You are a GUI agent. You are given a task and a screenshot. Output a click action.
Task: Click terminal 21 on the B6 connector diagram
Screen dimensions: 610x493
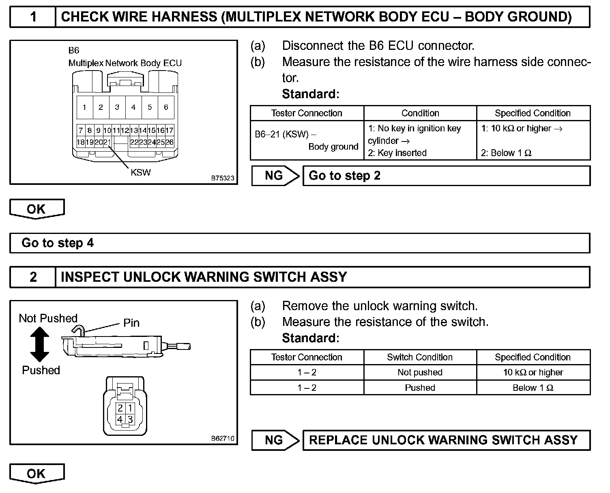click(x=107, y=142)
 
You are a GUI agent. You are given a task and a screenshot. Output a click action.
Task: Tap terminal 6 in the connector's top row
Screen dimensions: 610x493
click(x=166, y=107)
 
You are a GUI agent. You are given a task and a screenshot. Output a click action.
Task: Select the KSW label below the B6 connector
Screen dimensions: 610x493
click(x=140, y=172)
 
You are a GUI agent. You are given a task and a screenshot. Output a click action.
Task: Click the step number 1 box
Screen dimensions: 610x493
click(x=33, y=17)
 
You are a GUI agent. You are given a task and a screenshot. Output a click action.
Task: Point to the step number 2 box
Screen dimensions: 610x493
click(x=33, y=277)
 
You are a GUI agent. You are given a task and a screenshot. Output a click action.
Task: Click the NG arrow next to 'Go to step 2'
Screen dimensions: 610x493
click(x=275, y=176)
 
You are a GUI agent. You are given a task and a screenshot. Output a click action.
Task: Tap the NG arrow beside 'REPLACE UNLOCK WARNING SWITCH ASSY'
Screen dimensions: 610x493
click(x=275, y=440)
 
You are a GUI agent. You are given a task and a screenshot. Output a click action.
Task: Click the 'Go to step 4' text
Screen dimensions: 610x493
click(x=58, y=243)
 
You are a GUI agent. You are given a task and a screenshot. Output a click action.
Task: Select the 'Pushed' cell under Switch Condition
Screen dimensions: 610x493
click(x=420, y=388)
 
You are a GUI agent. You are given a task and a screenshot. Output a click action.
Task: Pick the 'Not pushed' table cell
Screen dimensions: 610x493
click(x=420, y=372)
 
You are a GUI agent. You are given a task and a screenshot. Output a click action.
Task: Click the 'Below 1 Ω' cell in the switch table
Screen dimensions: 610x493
click(x=533, y=388)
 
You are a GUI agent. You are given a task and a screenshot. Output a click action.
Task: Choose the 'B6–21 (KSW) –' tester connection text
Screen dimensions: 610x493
click(x=286, y=134)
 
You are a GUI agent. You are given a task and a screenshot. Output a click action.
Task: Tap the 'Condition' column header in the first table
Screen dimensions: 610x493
click(x=420, y=113)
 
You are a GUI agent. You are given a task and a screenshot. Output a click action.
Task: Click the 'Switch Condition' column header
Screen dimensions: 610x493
click(x=420, y=357)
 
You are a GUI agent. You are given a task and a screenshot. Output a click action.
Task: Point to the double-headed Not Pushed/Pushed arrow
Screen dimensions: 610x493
click(x=40, y=344)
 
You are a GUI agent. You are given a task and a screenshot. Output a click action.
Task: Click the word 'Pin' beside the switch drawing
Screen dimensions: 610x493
click(x=131, y=323)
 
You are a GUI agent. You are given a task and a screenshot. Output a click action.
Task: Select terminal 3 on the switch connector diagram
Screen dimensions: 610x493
click(x=130, y=419)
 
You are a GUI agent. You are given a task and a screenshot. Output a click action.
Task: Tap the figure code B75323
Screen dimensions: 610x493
click(x=222, y=178)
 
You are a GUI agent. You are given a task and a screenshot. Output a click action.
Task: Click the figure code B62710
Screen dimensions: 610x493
click(x=222, y=438)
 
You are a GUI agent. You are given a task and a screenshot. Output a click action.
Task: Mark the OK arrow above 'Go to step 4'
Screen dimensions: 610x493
click(x=37, y=209)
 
